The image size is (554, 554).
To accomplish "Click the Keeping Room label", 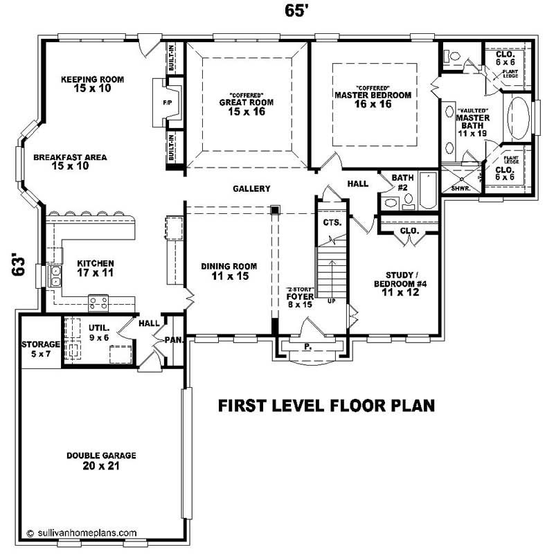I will point(92,84).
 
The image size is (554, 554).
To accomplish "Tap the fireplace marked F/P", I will point(167,102).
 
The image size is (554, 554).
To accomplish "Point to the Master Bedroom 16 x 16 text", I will point(373,99).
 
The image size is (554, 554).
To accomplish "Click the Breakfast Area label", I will point(70,161).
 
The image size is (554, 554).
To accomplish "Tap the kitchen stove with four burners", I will point(98,301).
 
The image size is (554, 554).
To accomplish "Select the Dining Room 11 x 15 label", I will point(229,271).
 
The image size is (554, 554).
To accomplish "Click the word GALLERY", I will point(251,189).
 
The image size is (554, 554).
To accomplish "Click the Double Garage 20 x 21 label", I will point(101,461).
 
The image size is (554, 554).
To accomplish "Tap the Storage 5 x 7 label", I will point(40,348).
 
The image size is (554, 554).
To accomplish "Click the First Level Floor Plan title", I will point(326,406).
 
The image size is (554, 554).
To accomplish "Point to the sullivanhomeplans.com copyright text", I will point(81,533).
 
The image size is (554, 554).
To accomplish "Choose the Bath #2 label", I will point(402,183).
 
